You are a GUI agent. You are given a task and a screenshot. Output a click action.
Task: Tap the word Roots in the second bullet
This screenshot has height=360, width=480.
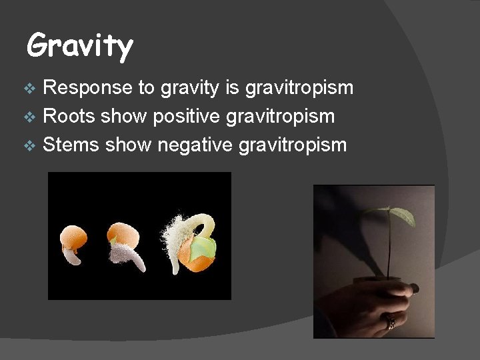[x=69, y=116]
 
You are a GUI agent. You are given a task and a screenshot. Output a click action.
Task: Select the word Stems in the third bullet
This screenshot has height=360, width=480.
[x=71, y=144]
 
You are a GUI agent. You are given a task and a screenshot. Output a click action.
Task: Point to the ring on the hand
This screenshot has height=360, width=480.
[x=391, y=322]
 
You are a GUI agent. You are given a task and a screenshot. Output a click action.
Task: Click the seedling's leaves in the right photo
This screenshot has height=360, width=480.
[x=396, y=215]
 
